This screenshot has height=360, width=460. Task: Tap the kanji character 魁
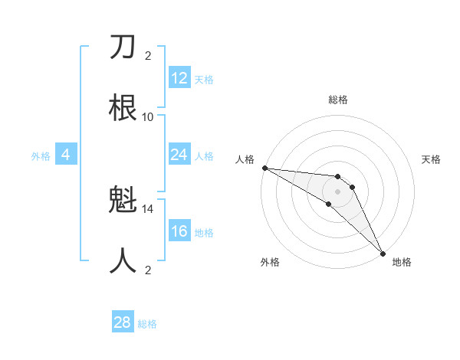point(123,201)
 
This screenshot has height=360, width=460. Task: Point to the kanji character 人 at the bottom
point(123,261)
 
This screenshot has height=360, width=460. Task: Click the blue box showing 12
point(179,78)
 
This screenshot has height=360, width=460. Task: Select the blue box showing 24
point(179,155)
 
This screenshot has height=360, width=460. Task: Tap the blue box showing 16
point(179,232)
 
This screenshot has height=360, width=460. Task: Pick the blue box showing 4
point(66,155)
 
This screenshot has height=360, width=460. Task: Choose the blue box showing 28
point(123,322)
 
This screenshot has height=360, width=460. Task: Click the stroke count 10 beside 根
point(148,116)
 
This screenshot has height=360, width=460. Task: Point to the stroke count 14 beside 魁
point(148,208)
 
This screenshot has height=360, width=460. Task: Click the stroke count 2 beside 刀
point(148,55)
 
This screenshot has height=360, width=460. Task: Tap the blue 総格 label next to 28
point(147,324)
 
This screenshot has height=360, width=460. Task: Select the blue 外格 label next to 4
point(41,156)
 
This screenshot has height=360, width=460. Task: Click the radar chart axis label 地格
point(402,262)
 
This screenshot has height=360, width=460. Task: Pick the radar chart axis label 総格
point(338,100)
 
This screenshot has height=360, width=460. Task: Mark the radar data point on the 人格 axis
point(264,168)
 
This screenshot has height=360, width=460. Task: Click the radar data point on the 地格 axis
point(383,253)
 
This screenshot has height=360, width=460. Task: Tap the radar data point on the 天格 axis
point(353,187)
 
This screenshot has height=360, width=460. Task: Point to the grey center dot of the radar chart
point(337,191)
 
